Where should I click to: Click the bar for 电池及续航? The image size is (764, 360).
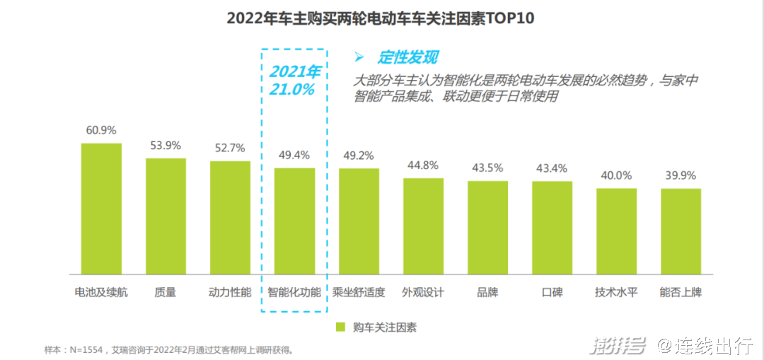point(101,209)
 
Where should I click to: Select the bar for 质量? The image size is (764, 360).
point(166,216)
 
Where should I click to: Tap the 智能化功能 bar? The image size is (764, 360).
point(294,221)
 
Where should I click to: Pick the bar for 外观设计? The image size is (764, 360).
point(423,226)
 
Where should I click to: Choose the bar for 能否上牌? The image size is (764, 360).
point(681,231)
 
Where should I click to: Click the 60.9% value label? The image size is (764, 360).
point(101,130)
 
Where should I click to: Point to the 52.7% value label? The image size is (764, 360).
point(230,148)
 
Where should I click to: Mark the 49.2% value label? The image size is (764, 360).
point(359,156)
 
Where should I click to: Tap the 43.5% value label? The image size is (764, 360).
point(487,168)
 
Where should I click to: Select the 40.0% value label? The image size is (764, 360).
point(616,175)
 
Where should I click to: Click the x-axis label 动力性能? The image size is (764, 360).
point(230,291)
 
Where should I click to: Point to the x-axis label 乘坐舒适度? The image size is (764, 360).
point(359,291)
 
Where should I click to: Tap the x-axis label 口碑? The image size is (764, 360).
point(552,291)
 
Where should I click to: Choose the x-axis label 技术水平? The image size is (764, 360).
point(616,291)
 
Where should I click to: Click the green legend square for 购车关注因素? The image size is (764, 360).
point(340,327)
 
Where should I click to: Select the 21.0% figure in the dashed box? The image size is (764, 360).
point(291,90)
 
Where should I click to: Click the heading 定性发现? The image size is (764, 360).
point(407,57)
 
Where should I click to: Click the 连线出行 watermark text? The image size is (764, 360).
point(714,346)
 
